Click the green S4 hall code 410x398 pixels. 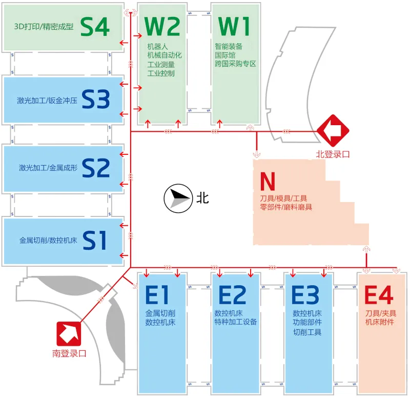95,27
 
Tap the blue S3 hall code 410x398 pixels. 96,99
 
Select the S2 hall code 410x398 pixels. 96,168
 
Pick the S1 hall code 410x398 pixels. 94,240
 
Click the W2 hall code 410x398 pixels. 162,27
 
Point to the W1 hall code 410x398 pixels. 234,27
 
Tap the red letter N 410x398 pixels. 268,181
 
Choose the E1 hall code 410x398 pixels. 157,294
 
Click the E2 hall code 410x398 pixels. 232,294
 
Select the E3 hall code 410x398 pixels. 305,294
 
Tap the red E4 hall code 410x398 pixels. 379,294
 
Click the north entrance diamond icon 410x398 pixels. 333,130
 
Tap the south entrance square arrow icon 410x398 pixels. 69,334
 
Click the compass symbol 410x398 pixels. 178,198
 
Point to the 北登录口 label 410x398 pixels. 333,154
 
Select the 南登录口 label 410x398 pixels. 69,353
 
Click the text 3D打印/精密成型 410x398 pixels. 44,27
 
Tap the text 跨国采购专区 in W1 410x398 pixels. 235,64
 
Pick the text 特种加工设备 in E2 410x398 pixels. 236,322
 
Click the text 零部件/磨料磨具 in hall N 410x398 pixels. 286,207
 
